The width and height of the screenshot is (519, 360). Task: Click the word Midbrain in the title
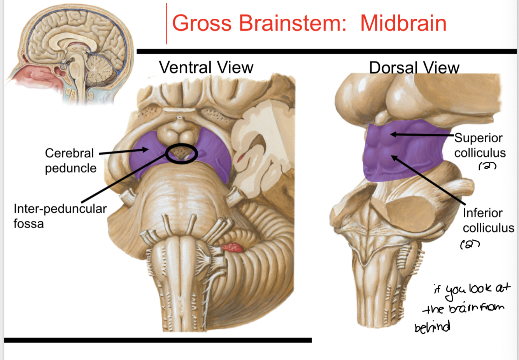pyautogui.click(x=403, y=23)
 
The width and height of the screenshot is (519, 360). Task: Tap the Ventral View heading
pyautogui.click(x=206, y=68)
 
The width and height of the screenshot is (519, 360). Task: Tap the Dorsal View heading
pyautogui.click(x=414, y=68)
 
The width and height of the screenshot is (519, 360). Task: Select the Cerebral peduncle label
pyautogui.click(x=70, y=161)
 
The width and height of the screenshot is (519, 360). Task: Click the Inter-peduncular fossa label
pyautogui.click(x=60, y=216)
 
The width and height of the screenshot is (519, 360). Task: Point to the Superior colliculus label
pyautogui.click(x=480, y=145)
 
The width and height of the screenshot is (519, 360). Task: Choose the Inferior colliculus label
pyautogui.click(x=488, y=220)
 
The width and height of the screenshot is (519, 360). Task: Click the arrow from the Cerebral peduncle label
pyautogui.click(x=124, y=152)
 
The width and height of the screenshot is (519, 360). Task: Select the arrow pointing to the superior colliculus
pyautogui.click(x=422, y=135)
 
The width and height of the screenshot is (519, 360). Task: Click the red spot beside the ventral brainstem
pyautogui.click(x=232, y=247)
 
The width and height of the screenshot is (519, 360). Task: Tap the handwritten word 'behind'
pyautogui.click(x=432, y=327)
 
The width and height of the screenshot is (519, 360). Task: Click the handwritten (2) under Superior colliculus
pyautogui.click(x=487, y=166)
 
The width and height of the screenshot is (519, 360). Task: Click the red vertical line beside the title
pyautogui.click(x=167, y=23)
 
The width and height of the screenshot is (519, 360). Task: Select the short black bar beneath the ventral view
pyautogui.click(x=158, y=340)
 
